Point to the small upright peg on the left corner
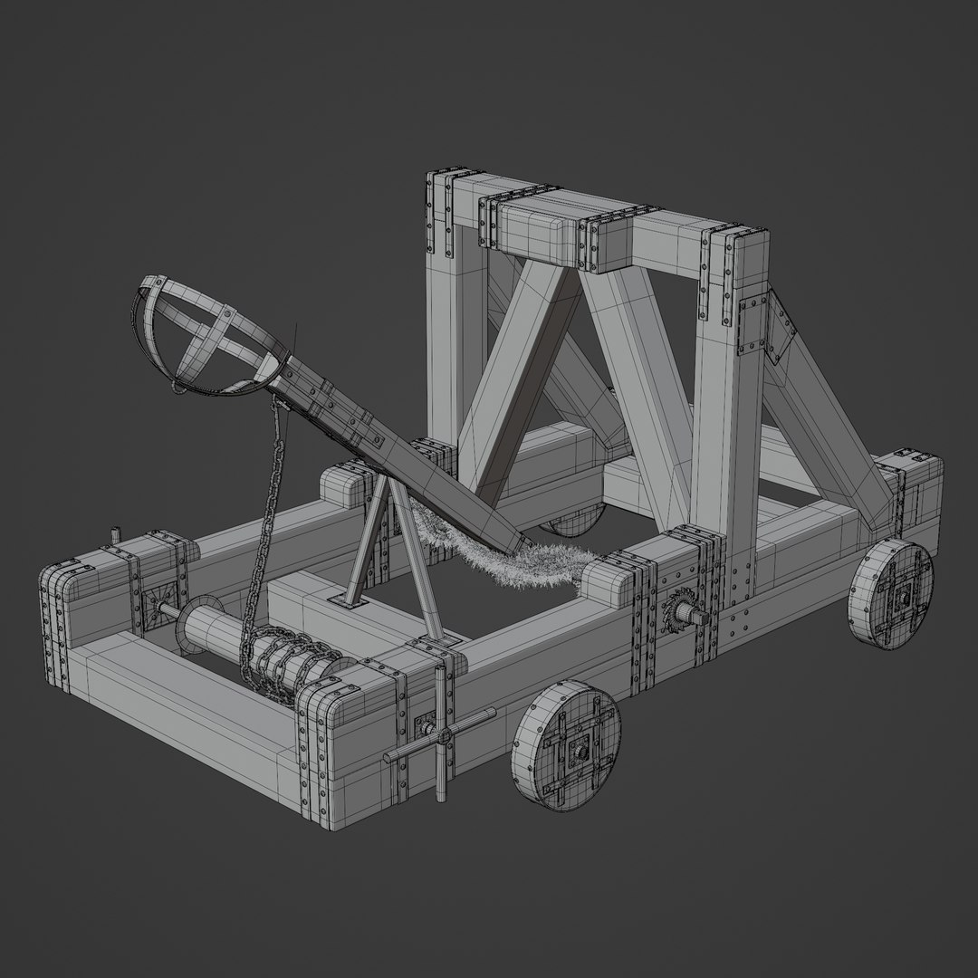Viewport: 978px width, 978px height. click(x=115, y=536)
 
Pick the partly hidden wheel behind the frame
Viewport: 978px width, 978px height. click(x=570, y=523)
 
